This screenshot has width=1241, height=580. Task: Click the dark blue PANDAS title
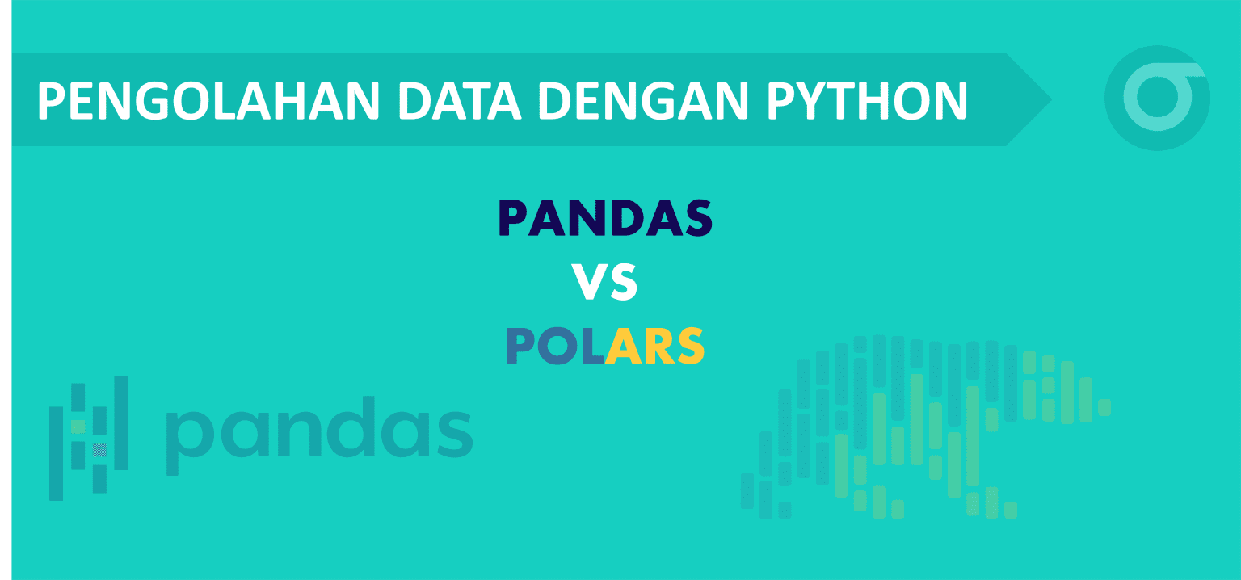606,219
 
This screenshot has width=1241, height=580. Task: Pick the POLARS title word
606,346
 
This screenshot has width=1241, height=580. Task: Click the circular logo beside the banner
1157,99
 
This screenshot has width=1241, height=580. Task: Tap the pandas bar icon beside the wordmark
89,437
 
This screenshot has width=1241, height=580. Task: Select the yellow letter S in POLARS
688,346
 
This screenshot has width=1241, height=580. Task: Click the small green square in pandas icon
78,425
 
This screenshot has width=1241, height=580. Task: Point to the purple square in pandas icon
99,449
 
